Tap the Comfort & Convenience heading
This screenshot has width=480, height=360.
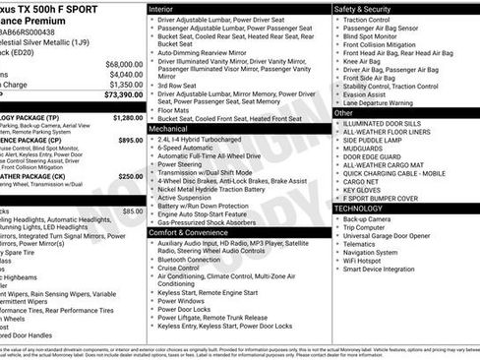click(x=189, y=232)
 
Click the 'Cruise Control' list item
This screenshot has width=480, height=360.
click(x=178, y=269)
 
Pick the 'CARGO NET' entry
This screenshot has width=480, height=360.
click(x=362, y=179)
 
